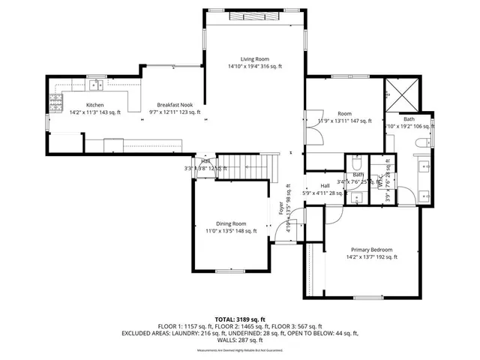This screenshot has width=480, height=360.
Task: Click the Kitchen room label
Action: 94,105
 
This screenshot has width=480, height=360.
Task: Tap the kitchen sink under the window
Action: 95,84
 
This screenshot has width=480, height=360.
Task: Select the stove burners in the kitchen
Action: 56,98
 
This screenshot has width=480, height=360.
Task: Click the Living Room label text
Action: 254,58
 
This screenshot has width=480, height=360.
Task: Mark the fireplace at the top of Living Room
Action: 255,16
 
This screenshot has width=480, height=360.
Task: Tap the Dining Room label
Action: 231,223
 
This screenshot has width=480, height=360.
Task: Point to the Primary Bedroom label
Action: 371,250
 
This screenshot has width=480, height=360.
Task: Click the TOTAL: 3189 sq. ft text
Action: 240,319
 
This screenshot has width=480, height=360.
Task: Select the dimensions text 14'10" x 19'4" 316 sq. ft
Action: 255,67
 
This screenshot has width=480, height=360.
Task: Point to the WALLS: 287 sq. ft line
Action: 240,340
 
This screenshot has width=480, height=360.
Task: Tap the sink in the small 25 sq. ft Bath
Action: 357,197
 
